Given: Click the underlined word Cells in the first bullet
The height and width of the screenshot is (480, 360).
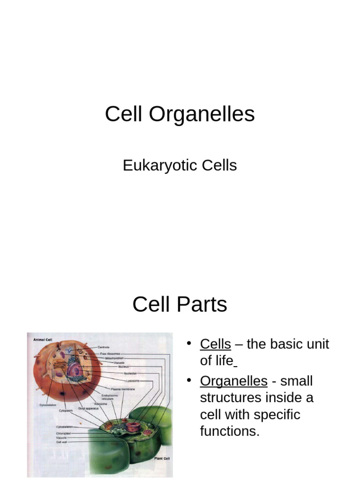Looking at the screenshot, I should [215, 344].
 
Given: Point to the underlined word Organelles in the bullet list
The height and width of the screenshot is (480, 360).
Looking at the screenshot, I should [233, 381].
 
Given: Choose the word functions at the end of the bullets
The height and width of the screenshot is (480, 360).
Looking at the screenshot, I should [229, 431].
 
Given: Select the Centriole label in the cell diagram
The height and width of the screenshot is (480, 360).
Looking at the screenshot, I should [104, 347].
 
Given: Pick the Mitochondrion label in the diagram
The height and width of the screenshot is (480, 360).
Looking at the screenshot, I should [114, 357].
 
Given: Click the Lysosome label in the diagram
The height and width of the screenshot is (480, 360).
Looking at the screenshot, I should [133, 381].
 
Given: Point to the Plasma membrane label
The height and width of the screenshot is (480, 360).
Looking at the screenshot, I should [123, 389].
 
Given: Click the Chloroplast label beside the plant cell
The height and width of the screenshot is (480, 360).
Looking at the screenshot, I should [64, 434].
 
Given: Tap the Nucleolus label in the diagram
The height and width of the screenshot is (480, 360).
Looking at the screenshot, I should [130, 373].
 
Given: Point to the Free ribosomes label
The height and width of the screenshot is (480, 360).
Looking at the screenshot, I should [109, 353].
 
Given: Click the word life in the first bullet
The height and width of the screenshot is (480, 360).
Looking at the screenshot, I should [224, 361].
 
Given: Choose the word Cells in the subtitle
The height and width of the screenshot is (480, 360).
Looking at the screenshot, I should [220, 165].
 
